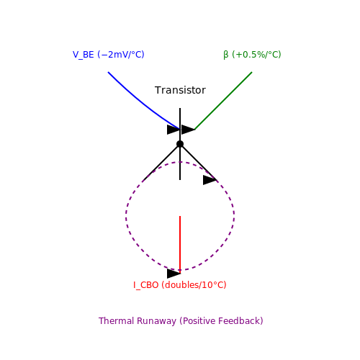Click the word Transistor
[180, 90]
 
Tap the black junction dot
[180, 144]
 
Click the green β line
[223, 101]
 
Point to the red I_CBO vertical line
[180, 245]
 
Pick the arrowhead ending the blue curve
[174, 130]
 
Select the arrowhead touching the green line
[188, 130]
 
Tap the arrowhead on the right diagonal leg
[210, 180]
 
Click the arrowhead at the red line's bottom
[174, 274]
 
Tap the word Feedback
[241, 321]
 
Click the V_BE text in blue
[84, 55]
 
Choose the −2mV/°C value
[121, 55]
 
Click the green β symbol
[226, 55]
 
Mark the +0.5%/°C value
[256, 55]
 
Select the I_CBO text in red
[146, 285]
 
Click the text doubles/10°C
[194, 285]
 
